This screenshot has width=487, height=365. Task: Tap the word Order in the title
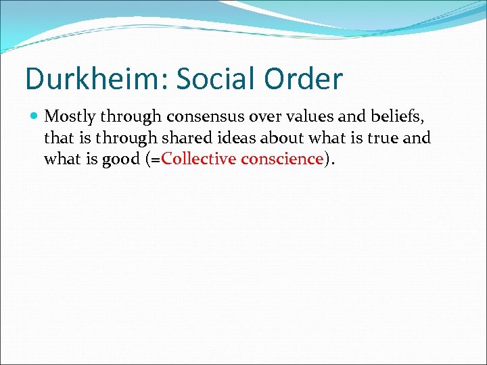[304, 79]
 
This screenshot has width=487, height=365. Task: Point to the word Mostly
[68, 118]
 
